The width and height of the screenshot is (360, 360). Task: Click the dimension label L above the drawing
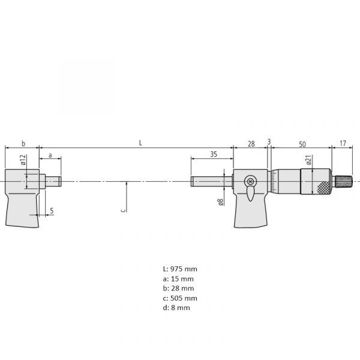click(x=140, y=143)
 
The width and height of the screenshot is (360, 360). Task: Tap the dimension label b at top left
click(x=23, y=143)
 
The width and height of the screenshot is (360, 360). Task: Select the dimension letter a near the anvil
click(x=50, y=155)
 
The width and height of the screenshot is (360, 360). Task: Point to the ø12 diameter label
click(x=23, y=160)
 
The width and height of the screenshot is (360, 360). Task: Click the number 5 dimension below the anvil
click(x=52, y=211)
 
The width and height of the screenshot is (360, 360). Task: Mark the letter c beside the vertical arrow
click(x=123, y=210)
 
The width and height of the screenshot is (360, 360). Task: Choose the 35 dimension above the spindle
click(x=214, y=154)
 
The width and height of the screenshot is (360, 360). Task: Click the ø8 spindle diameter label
click(x=221, y=202)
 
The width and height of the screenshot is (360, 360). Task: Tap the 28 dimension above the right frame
click(x=251, y=144)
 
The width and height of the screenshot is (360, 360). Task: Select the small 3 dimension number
click(x=269, y=142)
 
